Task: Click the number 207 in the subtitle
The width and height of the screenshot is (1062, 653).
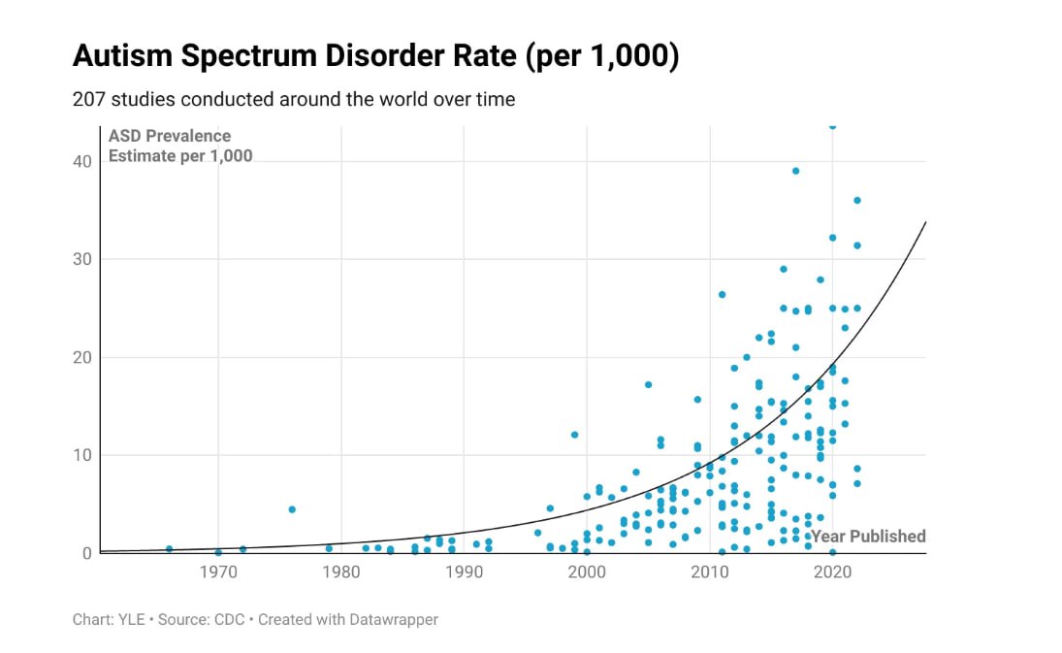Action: pos(87,100)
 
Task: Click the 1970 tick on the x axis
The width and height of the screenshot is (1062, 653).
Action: pos(218,572)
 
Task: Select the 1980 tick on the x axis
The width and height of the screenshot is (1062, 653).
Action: pos(340,572)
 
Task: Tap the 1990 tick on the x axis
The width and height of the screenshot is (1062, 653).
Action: pos(464,572)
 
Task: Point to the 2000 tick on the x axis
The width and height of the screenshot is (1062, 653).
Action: pos(587,572)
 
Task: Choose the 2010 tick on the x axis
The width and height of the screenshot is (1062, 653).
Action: pos(709,572)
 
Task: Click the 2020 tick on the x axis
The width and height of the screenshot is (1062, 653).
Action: pos(832,572)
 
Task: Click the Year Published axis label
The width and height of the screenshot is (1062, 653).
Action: pos(868,537)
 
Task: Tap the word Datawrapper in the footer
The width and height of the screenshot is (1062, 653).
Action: pos(397,619)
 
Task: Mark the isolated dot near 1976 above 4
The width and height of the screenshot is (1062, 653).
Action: pos(292,509)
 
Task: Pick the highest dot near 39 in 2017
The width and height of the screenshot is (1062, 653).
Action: pos(795,171)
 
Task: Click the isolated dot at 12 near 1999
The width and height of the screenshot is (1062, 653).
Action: pos(574,435)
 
